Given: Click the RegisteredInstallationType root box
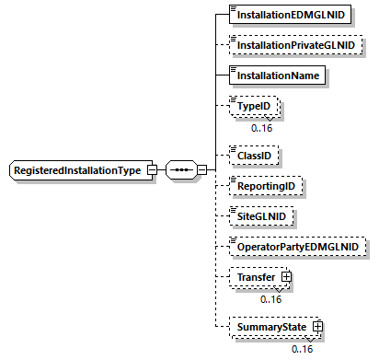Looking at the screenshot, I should (x=80, y=170).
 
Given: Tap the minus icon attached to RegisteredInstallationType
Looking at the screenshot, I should (x=152, y=170).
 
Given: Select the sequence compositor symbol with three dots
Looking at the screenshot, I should (x=181, y=170).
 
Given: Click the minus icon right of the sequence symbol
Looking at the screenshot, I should (x=201, y=170).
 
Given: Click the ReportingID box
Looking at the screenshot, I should (x=266, y=186).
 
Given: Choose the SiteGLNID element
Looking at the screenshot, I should (x=262, y=215).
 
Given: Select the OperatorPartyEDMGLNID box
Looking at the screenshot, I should (x=296, y=246).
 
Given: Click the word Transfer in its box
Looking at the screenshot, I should (x=256, y=276).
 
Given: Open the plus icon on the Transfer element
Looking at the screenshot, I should (x=286, y=276).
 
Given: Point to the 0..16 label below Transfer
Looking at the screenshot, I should (x=270, y=298).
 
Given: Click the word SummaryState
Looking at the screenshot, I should (x=271, y=327).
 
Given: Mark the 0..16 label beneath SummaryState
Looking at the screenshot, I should (x=303, y=349).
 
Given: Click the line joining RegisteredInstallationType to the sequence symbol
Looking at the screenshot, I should (x=161, y=170).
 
